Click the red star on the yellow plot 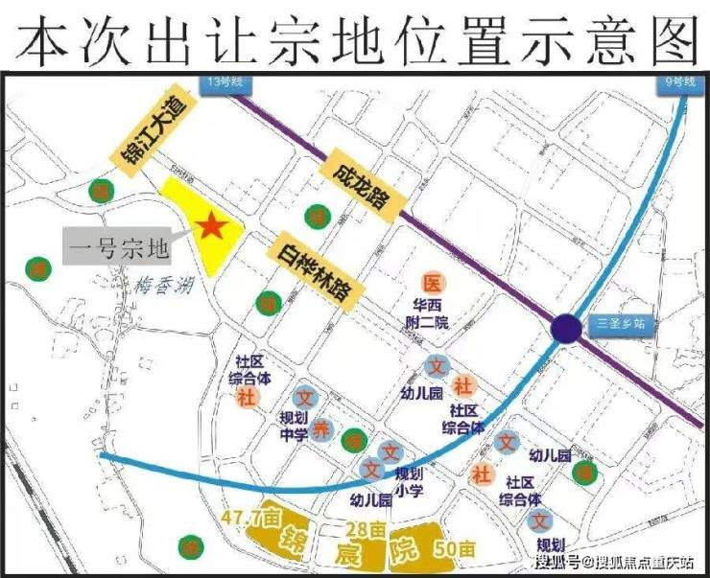(x=211, y=227)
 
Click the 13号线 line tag (x=224, y=83)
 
